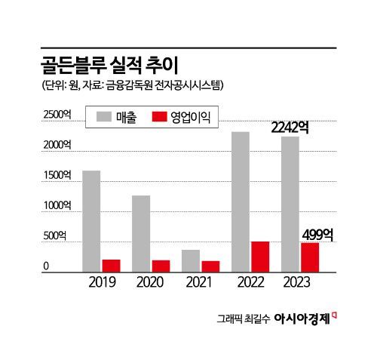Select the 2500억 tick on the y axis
coord(57,114)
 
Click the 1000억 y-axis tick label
coord(57,205)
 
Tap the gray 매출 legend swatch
coord(103,118)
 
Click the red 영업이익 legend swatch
coord(158,118)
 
